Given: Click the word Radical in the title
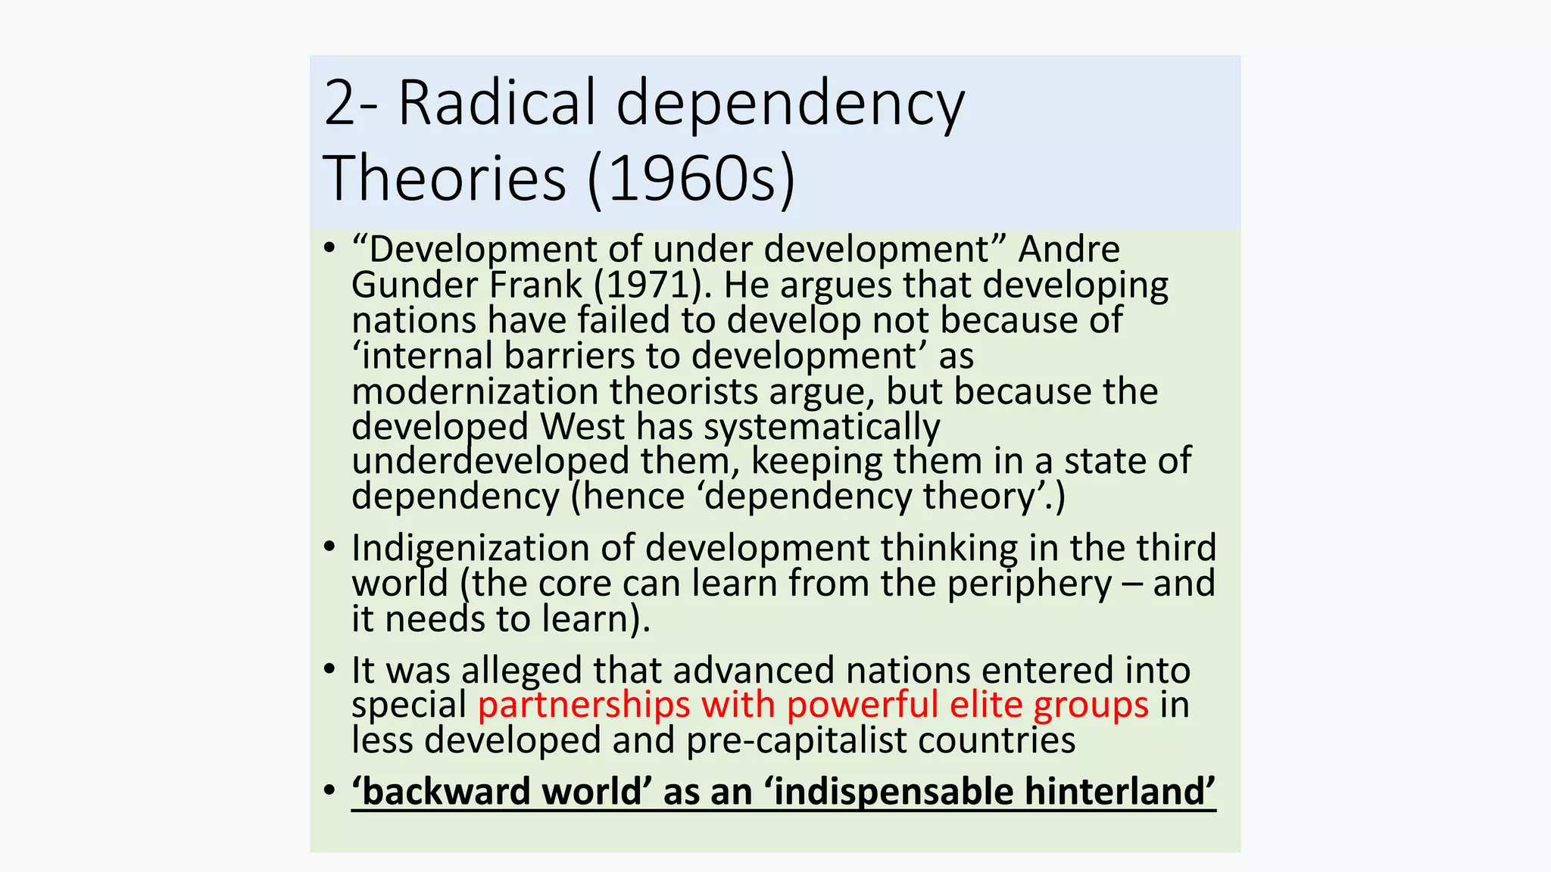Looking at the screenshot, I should pyautogui.click(x=497, y=103).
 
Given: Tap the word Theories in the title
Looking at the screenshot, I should pyautogui.click(x=445, y=179).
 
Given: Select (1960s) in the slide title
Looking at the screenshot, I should pyautogui.click(x=691, y=179).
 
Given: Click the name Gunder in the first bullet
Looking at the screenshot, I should pyautogui.click(x=414, y=285).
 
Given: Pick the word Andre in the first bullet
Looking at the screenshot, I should pyautogui.click(x=1069, y=250).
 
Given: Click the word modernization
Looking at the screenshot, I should pyautogui.click(x=475, y=392).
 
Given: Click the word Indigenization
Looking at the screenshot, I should pyautogui.click(x=470, y=549).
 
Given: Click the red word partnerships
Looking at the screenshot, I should pyautogui.click(x=584, y=705).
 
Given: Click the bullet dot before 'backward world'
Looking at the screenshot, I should pyautogui.click(x=329, y=791).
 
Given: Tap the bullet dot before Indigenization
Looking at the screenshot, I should pyautogui.click(x=329, y=547).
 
